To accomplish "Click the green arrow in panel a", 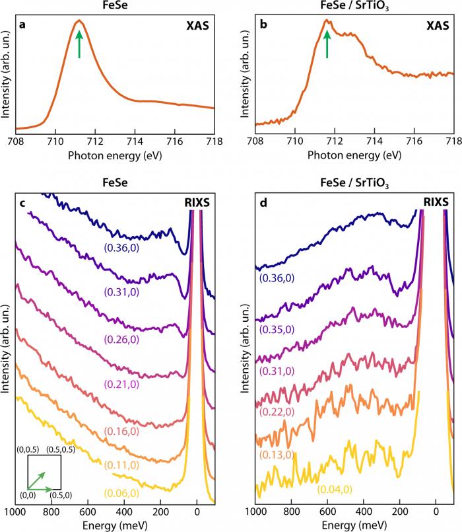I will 79,44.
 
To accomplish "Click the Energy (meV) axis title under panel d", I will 354,525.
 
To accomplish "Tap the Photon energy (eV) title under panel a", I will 114,155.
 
